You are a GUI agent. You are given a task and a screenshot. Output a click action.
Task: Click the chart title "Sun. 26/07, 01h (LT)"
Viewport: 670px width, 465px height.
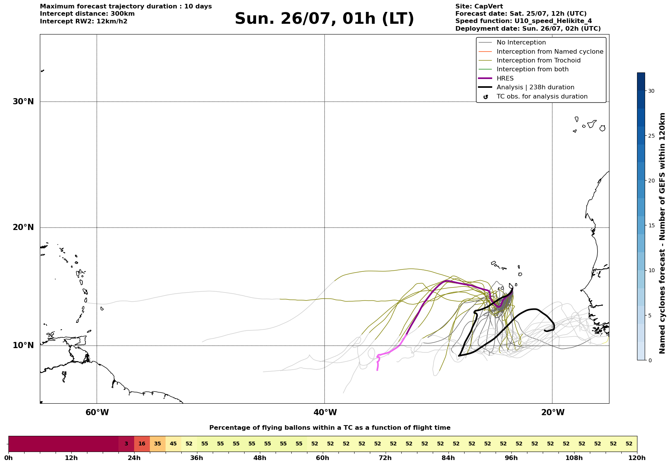tap(324, 19)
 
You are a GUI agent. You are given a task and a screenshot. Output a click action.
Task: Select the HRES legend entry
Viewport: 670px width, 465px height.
tap(505, 78)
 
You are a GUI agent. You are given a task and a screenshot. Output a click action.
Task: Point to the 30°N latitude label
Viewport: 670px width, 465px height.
tap(23, 102)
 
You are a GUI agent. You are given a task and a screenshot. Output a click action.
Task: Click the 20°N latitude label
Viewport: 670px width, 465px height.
tap(23, 227)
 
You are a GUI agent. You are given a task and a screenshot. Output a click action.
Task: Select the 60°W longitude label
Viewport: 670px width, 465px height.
tap(97, 412)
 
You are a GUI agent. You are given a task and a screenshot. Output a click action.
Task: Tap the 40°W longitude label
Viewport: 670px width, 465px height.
tap(325, 412)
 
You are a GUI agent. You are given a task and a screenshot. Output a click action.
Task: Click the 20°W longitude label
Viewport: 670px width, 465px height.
tap(553, 412)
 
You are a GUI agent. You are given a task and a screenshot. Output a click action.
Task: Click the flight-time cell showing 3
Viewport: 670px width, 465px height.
tap(126, 444)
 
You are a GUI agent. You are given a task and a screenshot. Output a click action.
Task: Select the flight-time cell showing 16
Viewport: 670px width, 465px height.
tap(142, 444)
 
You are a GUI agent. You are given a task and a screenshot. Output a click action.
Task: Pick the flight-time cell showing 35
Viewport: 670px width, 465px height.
tap(158, 444)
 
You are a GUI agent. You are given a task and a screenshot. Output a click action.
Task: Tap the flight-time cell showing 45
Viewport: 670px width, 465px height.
tap(173, 444)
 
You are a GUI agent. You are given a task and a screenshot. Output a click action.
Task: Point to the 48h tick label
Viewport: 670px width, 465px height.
tap(260, 458)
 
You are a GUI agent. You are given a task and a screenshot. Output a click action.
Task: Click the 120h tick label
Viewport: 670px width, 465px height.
tap(637, 458)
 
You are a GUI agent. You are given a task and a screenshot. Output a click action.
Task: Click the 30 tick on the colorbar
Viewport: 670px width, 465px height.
tap(651, 91)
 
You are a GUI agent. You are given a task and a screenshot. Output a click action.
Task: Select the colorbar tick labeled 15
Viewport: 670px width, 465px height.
tap(651, 225)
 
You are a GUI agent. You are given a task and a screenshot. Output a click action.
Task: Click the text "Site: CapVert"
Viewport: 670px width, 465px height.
tap(479, 7)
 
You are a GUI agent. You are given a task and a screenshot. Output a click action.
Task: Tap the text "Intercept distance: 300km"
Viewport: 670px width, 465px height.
tap(87, 14)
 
